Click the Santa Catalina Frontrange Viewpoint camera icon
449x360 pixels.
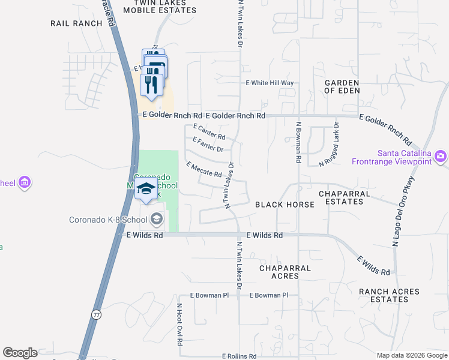click(441, 157)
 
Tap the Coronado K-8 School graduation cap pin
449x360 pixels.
click(146, 189)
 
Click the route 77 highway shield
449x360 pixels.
click(97, 314)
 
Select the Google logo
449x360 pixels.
click(20, 353)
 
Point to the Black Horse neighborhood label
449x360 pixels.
click(285, 205)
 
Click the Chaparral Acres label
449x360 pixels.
click(285, 272)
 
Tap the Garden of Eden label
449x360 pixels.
click(342, 86)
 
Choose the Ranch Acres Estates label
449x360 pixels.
click(389, 295)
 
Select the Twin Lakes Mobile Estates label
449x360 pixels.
click(160, 7)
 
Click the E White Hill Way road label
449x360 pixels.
click(270, 83)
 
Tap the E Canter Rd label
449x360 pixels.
click(209, 132)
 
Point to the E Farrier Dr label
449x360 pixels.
click(208, 145)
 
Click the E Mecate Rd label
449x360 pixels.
click(204, 169)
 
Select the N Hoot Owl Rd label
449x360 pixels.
click(179, 324)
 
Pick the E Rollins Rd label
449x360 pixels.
click(239, 356)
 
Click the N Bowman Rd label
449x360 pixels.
click(298, 142)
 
